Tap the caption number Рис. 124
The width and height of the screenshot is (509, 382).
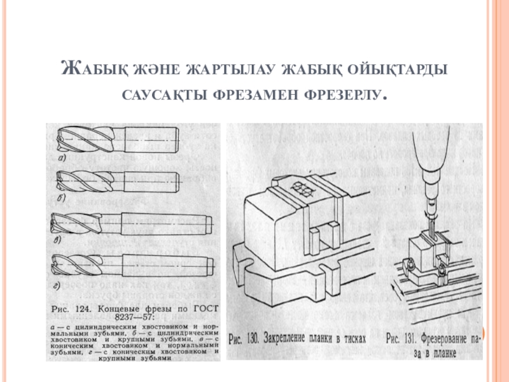[71, 309]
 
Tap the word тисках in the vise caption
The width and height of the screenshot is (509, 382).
[352, 339]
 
